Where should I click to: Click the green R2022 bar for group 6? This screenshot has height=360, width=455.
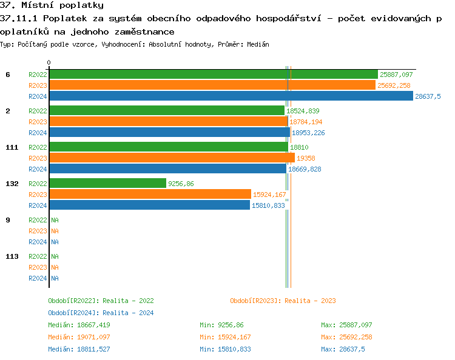click(x=212, y=75)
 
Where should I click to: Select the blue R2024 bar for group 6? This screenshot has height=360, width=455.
click(x=231, y=96)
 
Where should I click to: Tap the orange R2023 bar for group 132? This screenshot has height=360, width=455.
click(x=150, y=195)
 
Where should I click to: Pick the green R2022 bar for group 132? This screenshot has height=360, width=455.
click(x=107, y=184)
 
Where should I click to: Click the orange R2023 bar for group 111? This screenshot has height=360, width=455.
click(x=172, y=158)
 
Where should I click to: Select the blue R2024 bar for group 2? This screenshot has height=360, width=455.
click(x=169, y=133)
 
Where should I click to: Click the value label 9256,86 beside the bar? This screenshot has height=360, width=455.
click(x=181, y=184)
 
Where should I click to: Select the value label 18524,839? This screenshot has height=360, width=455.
click(x=303, y=111)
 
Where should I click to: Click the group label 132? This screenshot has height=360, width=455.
click(x=12, y=184)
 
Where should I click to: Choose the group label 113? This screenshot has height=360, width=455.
click(x=12, y=256)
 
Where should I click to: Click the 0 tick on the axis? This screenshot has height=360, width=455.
click(x=49, y=62)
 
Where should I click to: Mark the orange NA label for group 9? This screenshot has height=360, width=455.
click(x=55, y=231)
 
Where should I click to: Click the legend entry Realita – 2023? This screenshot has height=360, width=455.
click(x=283, y=301)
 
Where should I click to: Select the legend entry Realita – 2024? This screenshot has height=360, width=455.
click(x=101, y=313)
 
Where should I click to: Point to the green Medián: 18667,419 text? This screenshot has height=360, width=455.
click(x=79, y=325)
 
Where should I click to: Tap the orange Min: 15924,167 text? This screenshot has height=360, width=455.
click(x=225, y=337)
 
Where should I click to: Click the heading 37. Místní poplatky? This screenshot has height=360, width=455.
click(x=52, y=5)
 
